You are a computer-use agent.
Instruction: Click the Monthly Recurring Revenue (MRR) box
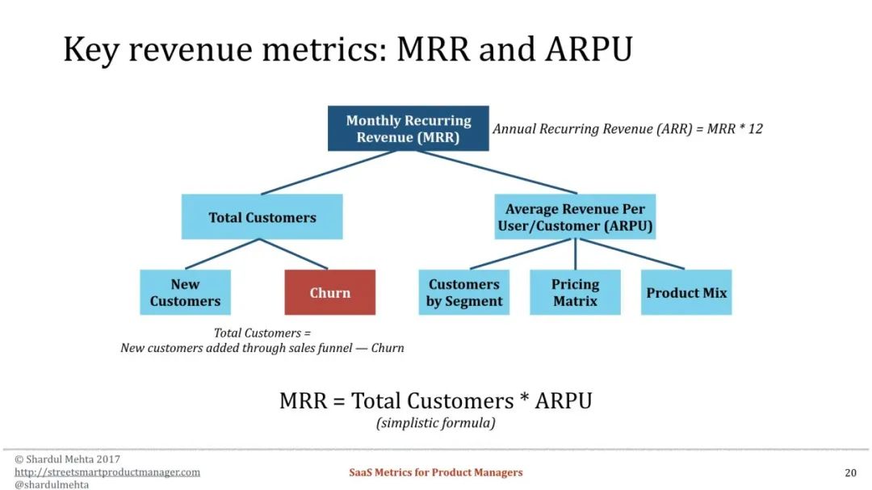[x=409, y=128]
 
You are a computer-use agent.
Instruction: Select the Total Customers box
[x=262, y=217]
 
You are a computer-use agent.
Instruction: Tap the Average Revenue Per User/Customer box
[x=575, y=217]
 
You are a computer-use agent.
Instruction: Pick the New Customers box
[x=185, y=292]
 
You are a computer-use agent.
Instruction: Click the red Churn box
[x=329, y=292]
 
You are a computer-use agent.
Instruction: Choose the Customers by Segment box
[x=463, y=292]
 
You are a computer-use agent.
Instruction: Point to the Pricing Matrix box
[x=575, y=292]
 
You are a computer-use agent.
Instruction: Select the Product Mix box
[x=686, y=292]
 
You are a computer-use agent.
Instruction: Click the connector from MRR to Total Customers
[x=328, y=173]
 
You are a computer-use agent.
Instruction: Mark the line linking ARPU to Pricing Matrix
[x=575, y=255]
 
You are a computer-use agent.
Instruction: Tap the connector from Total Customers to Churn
[x=294, y=254]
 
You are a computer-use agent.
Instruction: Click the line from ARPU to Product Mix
[x=631, y=254]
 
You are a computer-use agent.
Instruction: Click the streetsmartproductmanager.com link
[x=107, y=472]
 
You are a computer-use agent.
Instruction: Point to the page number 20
[x=850, y=473]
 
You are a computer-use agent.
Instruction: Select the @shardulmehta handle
[x=52, y=484]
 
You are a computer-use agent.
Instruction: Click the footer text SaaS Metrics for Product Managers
[x=436, y=472]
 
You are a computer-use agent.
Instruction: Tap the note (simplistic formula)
[x=436, y=423]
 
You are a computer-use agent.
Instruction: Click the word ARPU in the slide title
[x=589, y=49]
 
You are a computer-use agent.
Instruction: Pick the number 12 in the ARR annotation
[x=755, y=128]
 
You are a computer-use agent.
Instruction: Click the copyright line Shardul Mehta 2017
[x=67, y=459]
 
